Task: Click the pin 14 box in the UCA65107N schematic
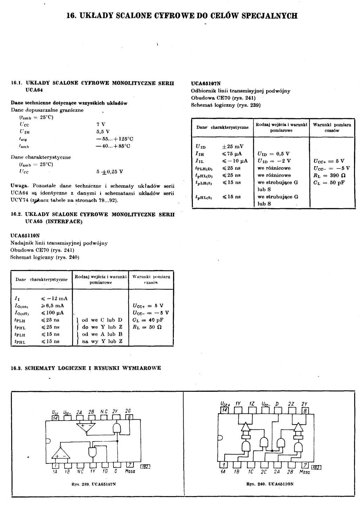point(55,418)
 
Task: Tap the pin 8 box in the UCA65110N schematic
point(305,410)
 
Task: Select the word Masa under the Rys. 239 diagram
point(130,471)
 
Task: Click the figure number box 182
point(145,467)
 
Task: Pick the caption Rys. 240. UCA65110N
point(270,484)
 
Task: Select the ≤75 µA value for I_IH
point(232,154)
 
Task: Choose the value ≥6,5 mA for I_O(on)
point(52,306)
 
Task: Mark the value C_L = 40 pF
point(148,320)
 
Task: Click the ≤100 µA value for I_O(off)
point(52,313)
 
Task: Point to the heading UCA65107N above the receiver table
point(206,84)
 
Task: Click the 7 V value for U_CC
point(101,124)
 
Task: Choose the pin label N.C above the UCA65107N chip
point(104,411)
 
